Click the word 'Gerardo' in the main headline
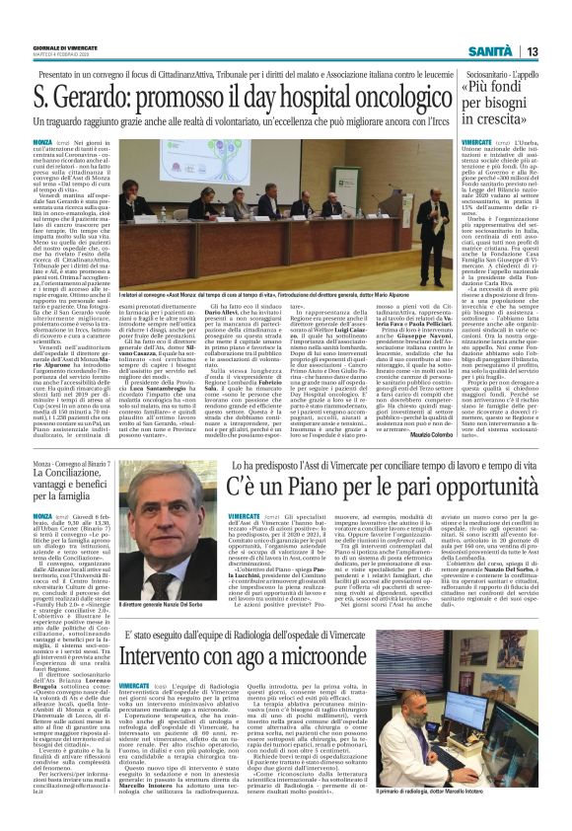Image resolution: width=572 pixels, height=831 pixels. [x=94, y=99]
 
